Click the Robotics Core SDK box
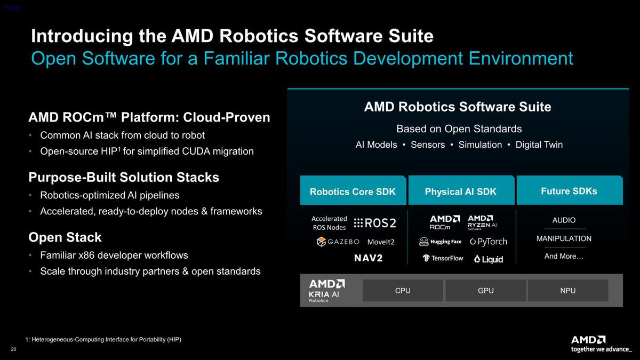353,190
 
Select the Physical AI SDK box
461,190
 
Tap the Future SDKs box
570,190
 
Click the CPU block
403,291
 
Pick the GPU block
486,291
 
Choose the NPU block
567,291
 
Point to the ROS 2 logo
375,223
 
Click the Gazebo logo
338,242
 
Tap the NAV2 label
369,258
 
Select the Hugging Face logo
441,242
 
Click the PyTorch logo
489,242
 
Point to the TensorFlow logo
443,258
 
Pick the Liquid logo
489,259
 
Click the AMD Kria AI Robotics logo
327,291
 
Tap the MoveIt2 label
381,242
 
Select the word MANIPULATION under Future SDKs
564,238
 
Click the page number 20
14,349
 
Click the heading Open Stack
65,237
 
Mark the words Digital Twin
539,145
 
